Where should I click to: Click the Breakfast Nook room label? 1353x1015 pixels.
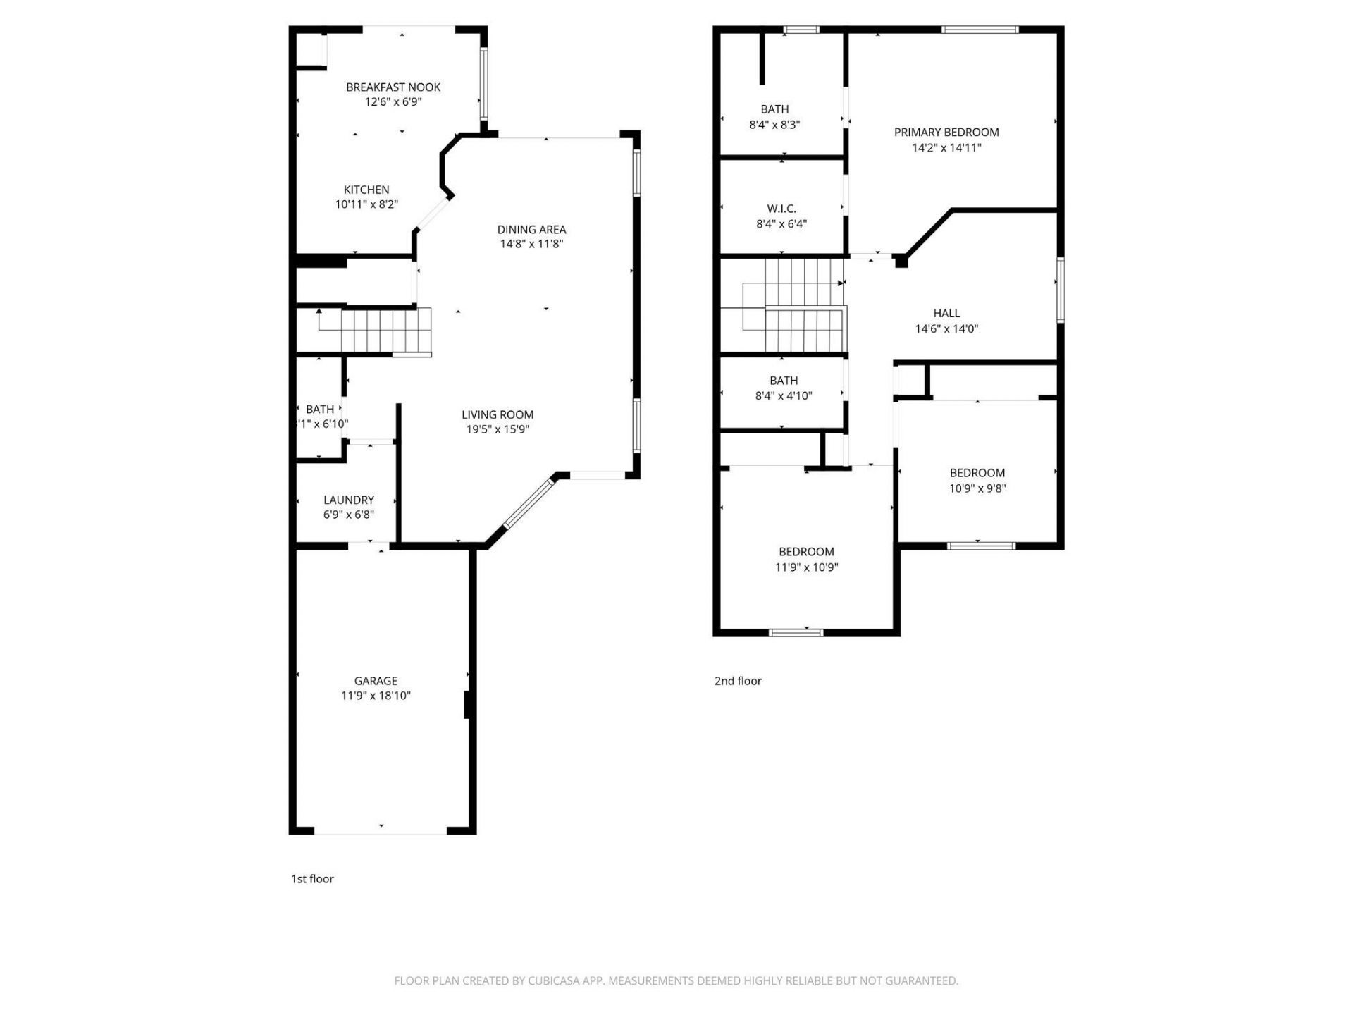[393, 87]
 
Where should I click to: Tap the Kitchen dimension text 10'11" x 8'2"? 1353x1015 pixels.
[366, 204]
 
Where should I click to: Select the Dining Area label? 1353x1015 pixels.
[531, 229]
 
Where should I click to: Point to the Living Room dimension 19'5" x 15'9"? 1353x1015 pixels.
[498, 429]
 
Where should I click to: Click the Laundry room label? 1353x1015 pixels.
[348, 500]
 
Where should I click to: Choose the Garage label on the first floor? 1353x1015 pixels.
[376, 681]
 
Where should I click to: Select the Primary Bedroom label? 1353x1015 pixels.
[946, 133]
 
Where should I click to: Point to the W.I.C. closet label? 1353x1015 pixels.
[781, 209]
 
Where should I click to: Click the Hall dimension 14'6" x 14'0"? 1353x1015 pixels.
[946, 328]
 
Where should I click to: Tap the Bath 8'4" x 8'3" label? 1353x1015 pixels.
[774, 109]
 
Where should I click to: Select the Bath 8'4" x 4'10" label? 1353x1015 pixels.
[784, 381]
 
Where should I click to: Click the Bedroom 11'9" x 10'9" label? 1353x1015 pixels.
[806, 552]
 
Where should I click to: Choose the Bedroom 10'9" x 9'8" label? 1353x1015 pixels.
[977, 473]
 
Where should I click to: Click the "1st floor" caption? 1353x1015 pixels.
[312, 879]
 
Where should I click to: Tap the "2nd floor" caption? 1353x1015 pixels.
[738, 681]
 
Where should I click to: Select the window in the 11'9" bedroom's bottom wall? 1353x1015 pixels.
[796, 632]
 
